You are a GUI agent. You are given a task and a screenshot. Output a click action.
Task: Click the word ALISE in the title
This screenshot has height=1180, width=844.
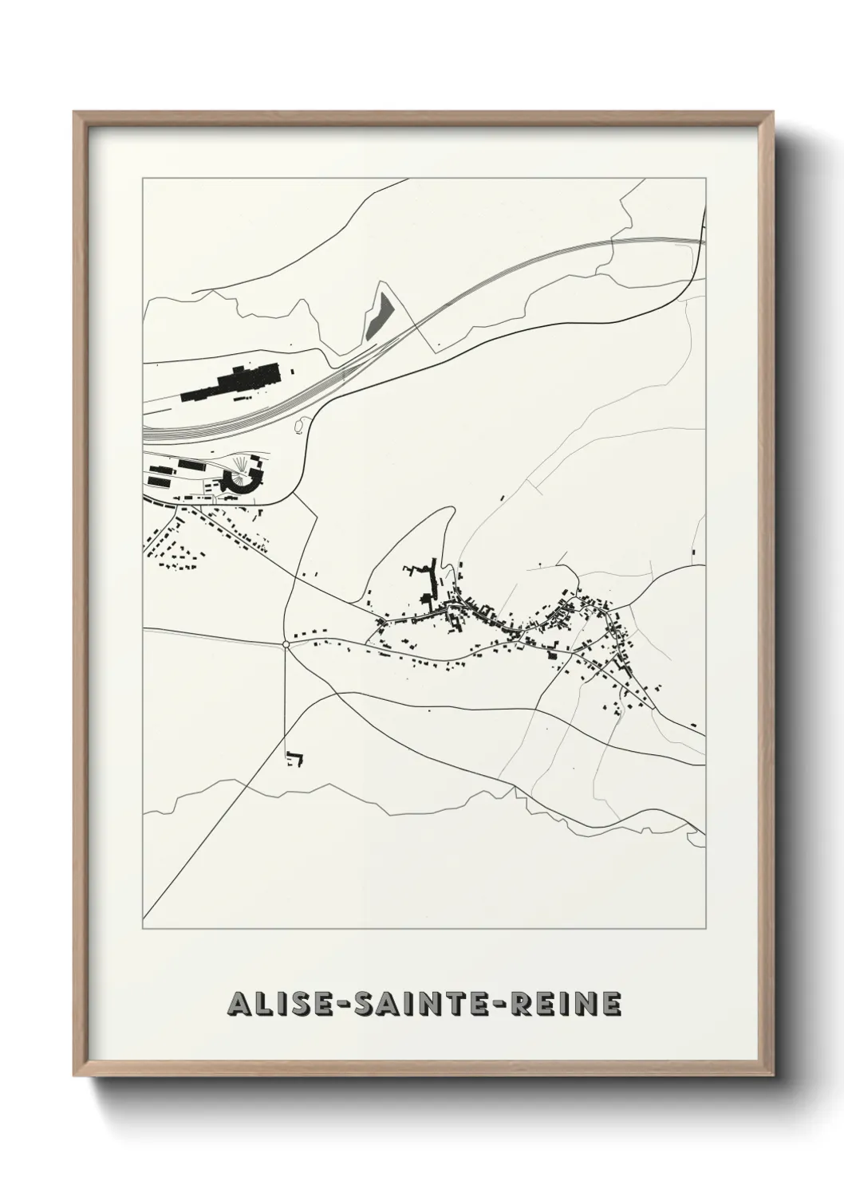(x=270, y=1004)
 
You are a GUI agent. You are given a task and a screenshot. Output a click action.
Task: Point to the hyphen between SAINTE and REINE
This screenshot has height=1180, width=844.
(x=507, y=1005)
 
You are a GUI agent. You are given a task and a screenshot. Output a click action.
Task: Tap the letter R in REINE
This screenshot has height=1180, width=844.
(x=527, y=1004)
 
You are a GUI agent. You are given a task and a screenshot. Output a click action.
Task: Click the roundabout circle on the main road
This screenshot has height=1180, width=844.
(x=286, y=643)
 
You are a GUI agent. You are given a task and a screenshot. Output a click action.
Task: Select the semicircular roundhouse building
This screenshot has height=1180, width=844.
(x=237, y=480)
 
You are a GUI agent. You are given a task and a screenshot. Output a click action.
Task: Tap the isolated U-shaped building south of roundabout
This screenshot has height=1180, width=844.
(x=295, y=758)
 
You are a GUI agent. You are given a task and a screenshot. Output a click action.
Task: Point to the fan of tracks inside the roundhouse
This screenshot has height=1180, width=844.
(x=241, y=466)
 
